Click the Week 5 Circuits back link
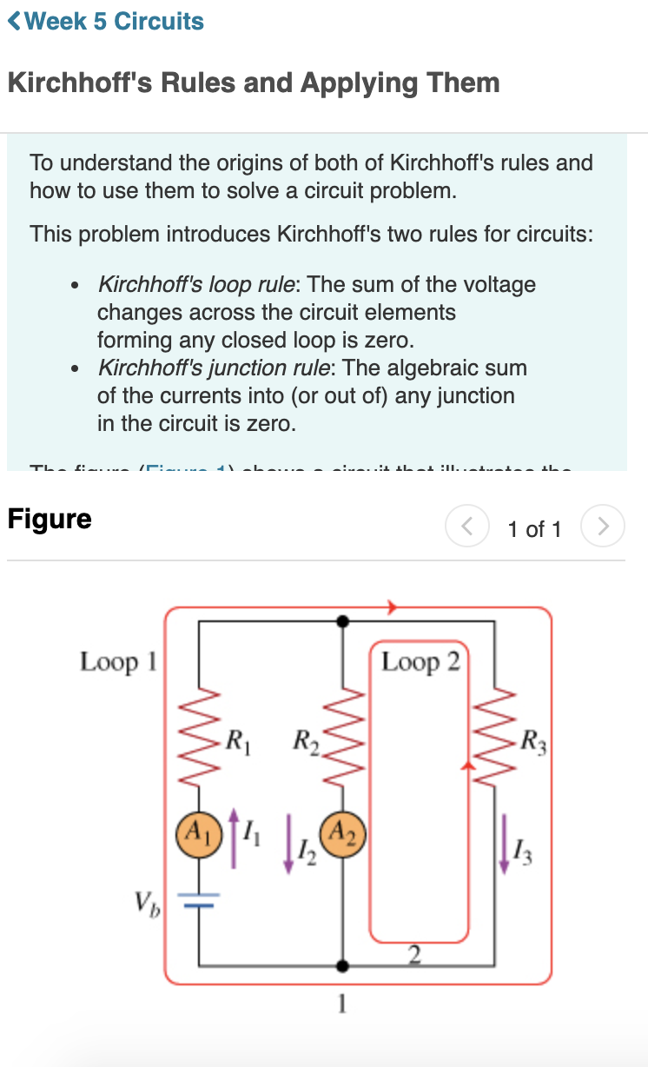[106, 22]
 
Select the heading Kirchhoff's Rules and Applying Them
[254, 83]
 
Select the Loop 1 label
[118, 662]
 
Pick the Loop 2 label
[420, 662]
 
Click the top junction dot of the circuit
[343, 620]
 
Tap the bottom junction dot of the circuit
[343, 965]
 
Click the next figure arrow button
[602, 527]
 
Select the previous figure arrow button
[467, 527]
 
